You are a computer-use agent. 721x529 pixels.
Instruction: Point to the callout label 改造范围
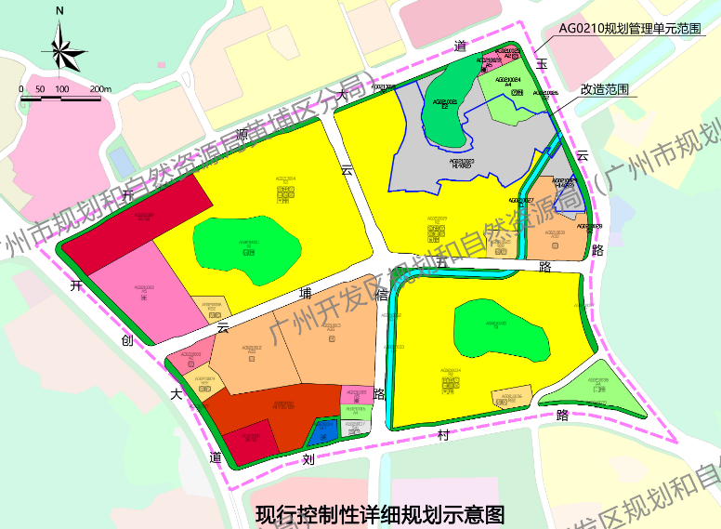click(605, 89)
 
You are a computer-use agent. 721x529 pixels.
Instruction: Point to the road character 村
click(443, 434)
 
